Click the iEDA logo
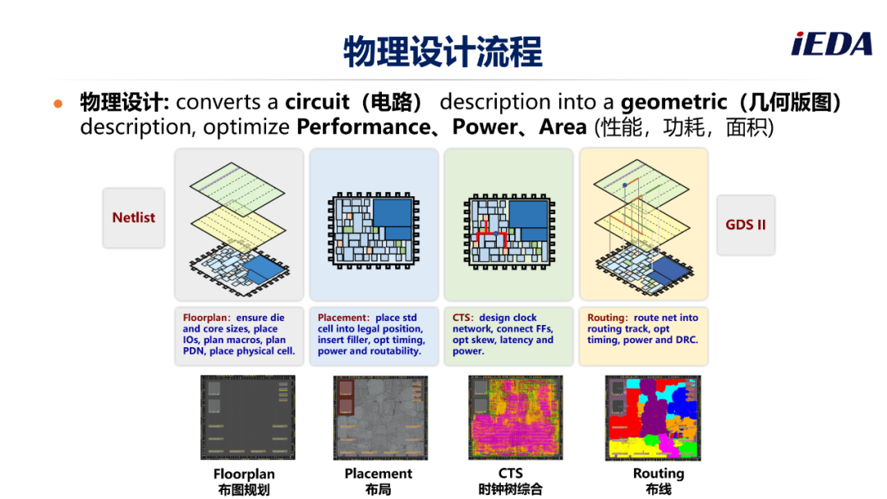831,44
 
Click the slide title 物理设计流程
443,51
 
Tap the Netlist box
134,217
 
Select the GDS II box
746,224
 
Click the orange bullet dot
57,103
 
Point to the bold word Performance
363,127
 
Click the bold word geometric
673,103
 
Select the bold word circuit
317,102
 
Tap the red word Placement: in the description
343,318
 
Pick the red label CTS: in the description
462,318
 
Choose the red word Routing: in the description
608,318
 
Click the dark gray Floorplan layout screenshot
248,418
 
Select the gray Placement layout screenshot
380,418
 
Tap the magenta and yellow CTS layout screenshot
515,418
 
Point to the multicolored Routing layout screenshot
653,418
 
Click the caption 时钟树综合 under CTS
510,489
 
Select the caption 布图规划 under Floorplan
244,490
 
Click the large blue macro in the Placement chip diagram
393,213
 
